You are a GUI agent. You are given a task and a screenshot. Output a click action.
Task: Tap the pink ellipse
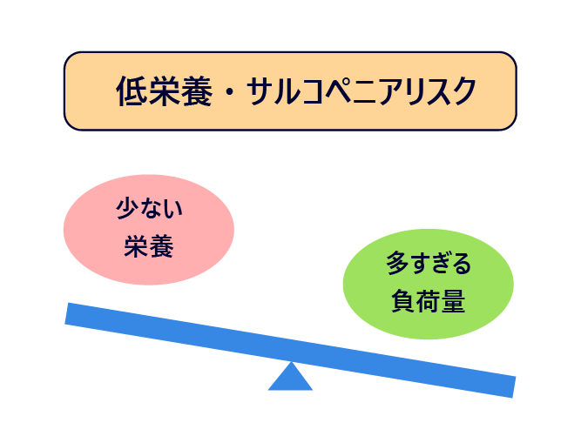pos(149,230)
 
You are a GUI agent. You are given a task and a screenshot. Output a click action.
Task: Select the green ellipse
pos(428,284)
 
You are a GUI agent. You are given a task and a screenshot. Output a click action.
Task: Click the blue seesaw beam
pos(291,350)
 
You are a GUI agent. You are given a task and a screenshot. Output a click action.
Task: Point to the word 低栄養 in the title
pos(165,91)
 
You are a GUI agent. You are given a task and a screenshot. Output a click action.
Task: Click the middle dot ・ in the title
pos(230,91)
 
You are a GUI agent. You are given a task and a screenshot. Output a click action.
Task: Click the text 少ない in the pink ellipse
pos(149,208)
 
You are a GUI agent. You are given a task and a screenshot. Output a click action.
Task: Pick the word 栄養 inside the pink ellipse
pos(149,246)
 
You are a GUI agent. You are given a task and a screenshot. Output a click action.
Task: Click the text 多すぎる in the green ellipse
pos(429,263)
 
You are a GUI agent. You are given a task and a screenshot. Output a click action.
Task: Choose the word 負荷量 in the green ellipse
pos(428,301)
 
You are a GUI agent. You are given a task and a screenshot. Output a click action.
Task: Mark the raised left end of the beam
pos(66,313)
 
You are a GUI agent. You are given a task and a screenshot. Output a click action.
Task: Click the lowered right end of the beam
pos(514,387)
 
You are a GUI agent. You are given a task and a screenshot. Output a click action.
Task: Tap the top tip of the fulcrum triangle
pos(291,362)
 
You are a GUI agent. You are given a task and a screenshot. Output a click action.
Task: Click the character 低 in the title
pos(132,91)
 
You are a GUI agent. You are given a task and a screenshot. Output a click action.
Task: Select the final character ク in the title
pos(462,91)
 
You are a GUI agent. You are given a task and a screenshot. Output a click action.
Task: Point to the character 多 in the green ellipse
pos(397,263)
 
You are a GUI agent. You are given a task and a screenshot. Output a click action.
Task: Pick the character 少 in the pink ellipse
pos(126,208)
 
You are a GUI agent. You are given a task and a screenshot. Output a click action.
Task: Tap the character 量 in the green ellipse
pos(453,301)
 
